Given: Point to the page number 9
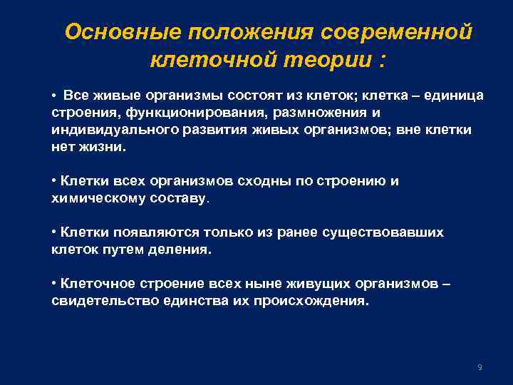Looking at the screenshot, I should point(480,367).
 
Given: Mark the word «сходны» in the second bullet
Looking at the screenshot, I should point(239,181).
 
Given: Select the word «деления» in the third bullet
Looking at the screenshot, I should point(183,250).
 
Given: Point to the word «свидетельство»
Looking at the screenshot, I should point(97,301).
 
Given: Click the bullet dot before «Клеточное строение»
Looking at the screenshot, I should point(54,284).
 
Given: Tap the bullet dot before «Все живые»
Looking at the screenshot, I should point(54,96).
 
